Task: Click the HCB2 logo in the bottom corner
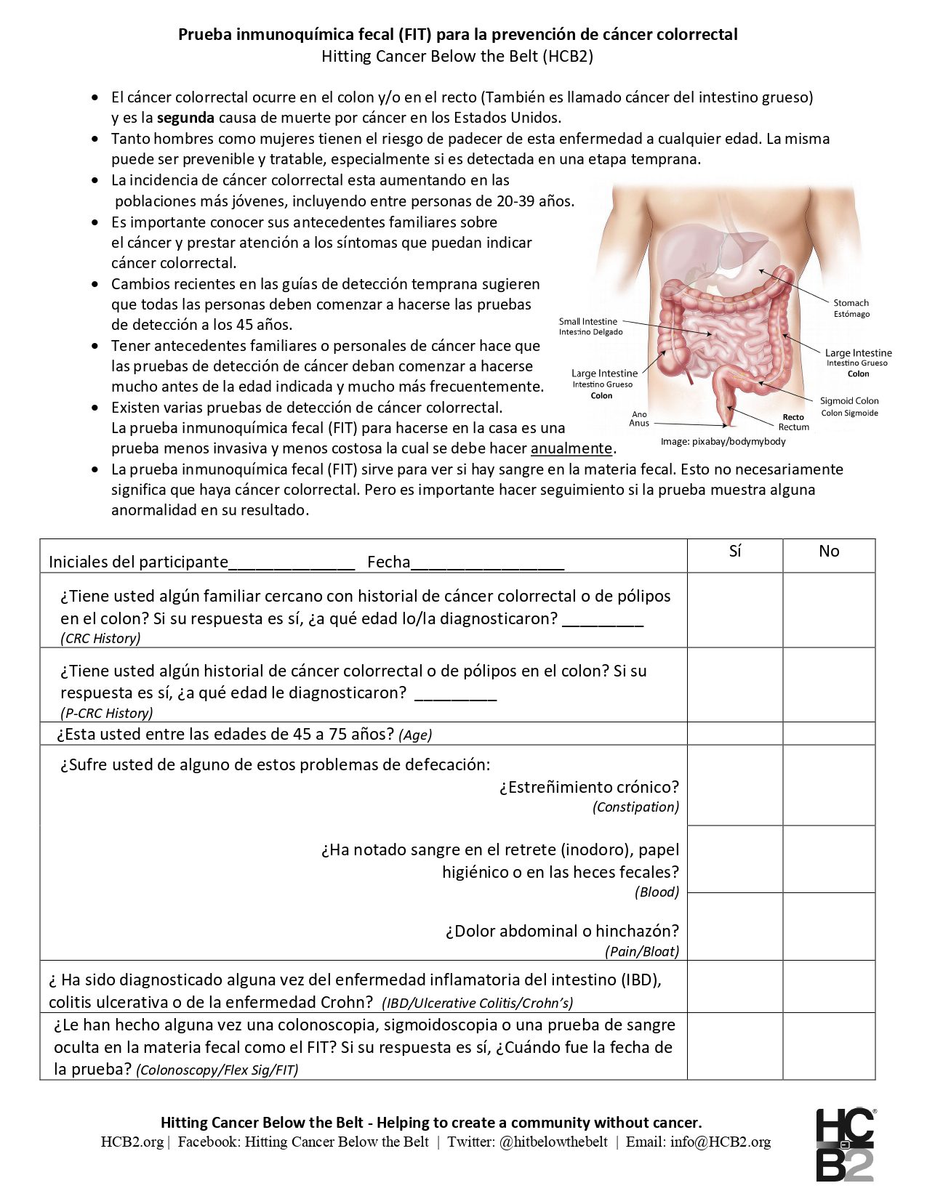(x=845, y=1144)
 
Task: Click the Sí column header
(x=734, y=552)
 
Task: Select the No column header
(x=829, y=552)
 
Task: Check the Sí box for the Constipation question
(x=734, y=786)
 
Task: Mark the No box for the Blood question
(x=829, y=859)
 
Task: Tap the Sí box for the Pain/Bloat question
(x=734, y=926)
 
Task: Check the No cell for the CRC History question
(x=829, y=610)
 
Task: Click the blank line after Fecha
(x=487, y=564)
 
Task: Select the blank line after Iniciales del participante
(x=292, y=564)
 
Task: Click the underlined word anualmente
(x=571, y=448)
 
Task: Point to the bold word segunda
(x=185, y=118)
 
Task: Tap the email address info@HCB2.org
(x=720, y=1142)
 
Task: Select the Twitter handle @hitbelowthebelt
(x=553, y=1142)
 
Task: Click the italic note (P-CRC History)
(x=107, y=713)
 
